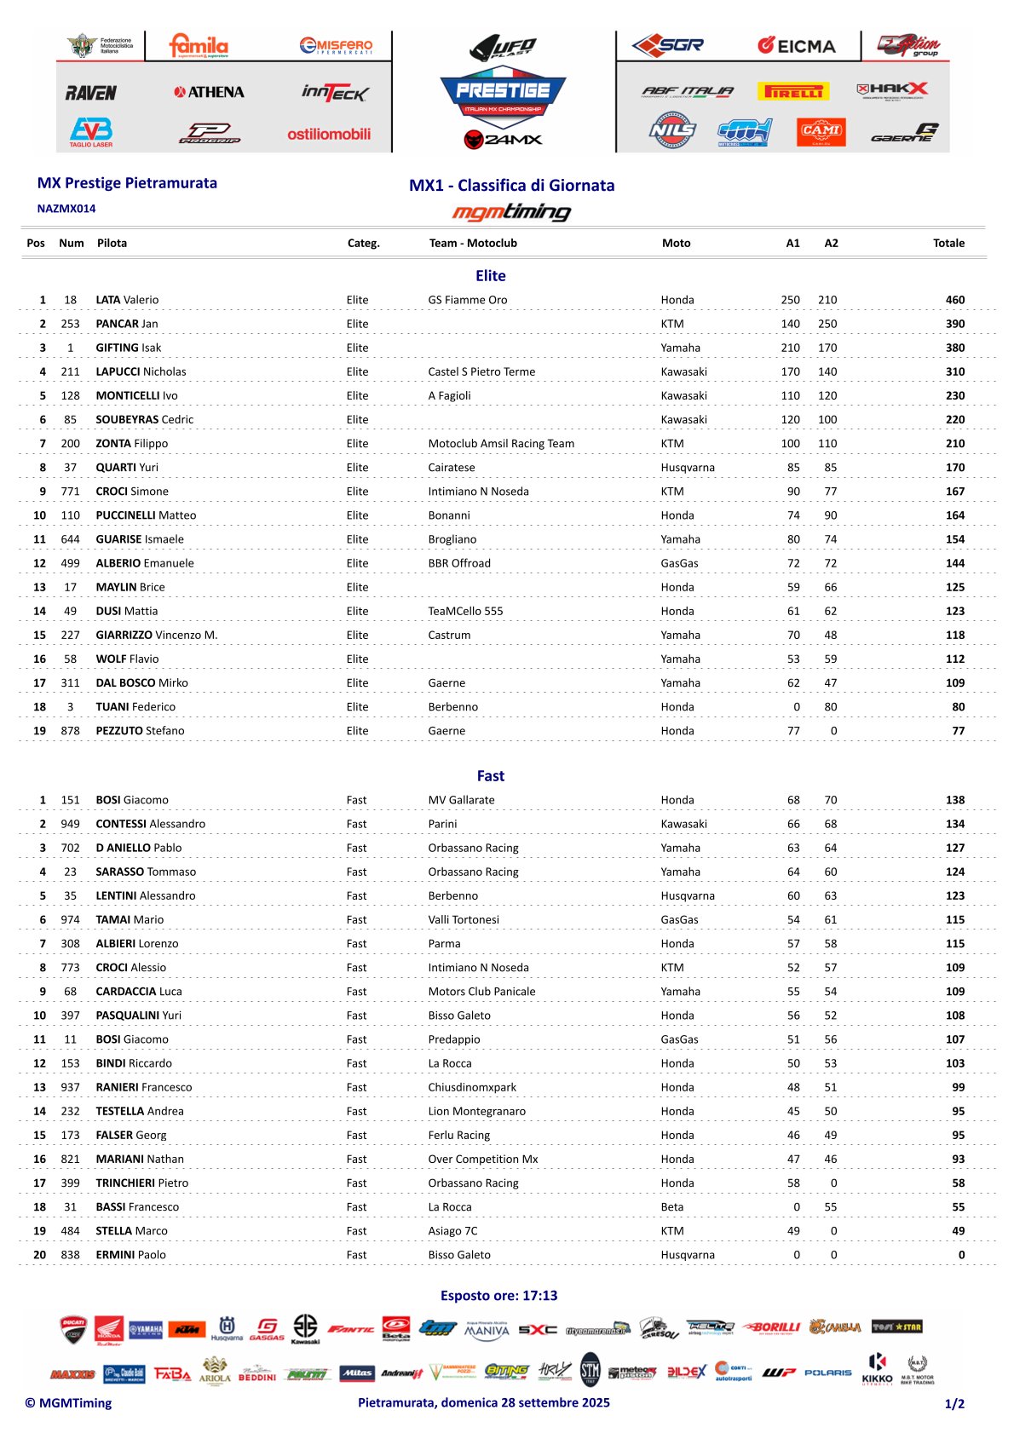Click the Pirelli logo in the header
[x=793, y=91]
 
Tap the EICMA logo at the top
[x=797, y=46]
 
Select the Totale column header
[x=948, y=243]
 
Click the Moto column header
[x=676, y=243]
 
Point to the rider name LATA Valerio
[x=127, y=300]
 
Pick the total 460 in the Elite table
[x=955, y=300]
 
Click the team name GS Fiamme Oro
[x=468, y=300]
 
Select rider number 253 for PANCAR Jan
[x=70, y=324]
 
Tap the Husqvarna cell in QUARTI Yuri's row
[x=688, y=468]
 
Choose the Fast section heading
[x=491, y=776]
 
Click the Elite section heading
[x=491, y=276]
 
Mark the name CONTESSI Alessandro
[x=150, y=824]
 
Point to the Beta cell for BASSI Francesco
[x=672, y=1207]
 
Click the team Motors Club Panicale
[x=481, y=992]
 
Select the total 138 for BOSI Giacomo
[x=955, y=800]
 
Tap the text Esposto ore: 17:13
[x=498, y=1296]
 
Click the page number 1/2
[x=954, y=1404]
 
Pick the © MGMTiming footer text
[x=68, y=1403]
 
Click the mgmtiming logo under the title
[x=511, y=211]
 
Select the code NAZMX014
[x=66, y=209]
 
